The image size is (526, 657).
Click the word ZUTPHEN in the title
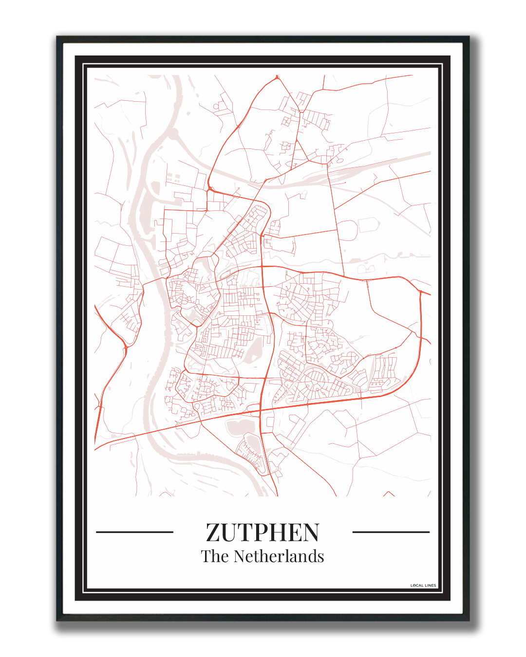point(263,532)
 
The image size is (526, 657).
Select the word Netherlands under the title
point(279,556)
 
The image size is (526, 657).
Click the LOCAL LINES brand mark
point(423,585)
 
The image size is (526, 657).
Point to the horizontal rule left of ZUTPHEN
point(135,532)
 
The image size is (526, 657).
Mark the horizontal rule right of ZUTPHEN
point(391,532)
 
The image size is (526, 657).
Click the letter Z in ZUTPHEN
point(214,532)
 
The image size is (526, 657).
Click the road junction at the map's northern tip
point(277,77)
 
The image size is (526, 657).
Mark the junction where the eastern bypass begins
point(420,292)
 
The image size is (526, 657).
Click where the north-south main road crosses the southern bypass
point(261,410)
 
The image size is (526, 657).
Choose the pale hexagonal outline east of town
point(369,225)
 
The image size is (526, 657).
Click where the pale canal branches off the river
point(173,132)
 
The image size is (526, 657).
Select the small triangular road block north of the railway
point(300,151)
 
